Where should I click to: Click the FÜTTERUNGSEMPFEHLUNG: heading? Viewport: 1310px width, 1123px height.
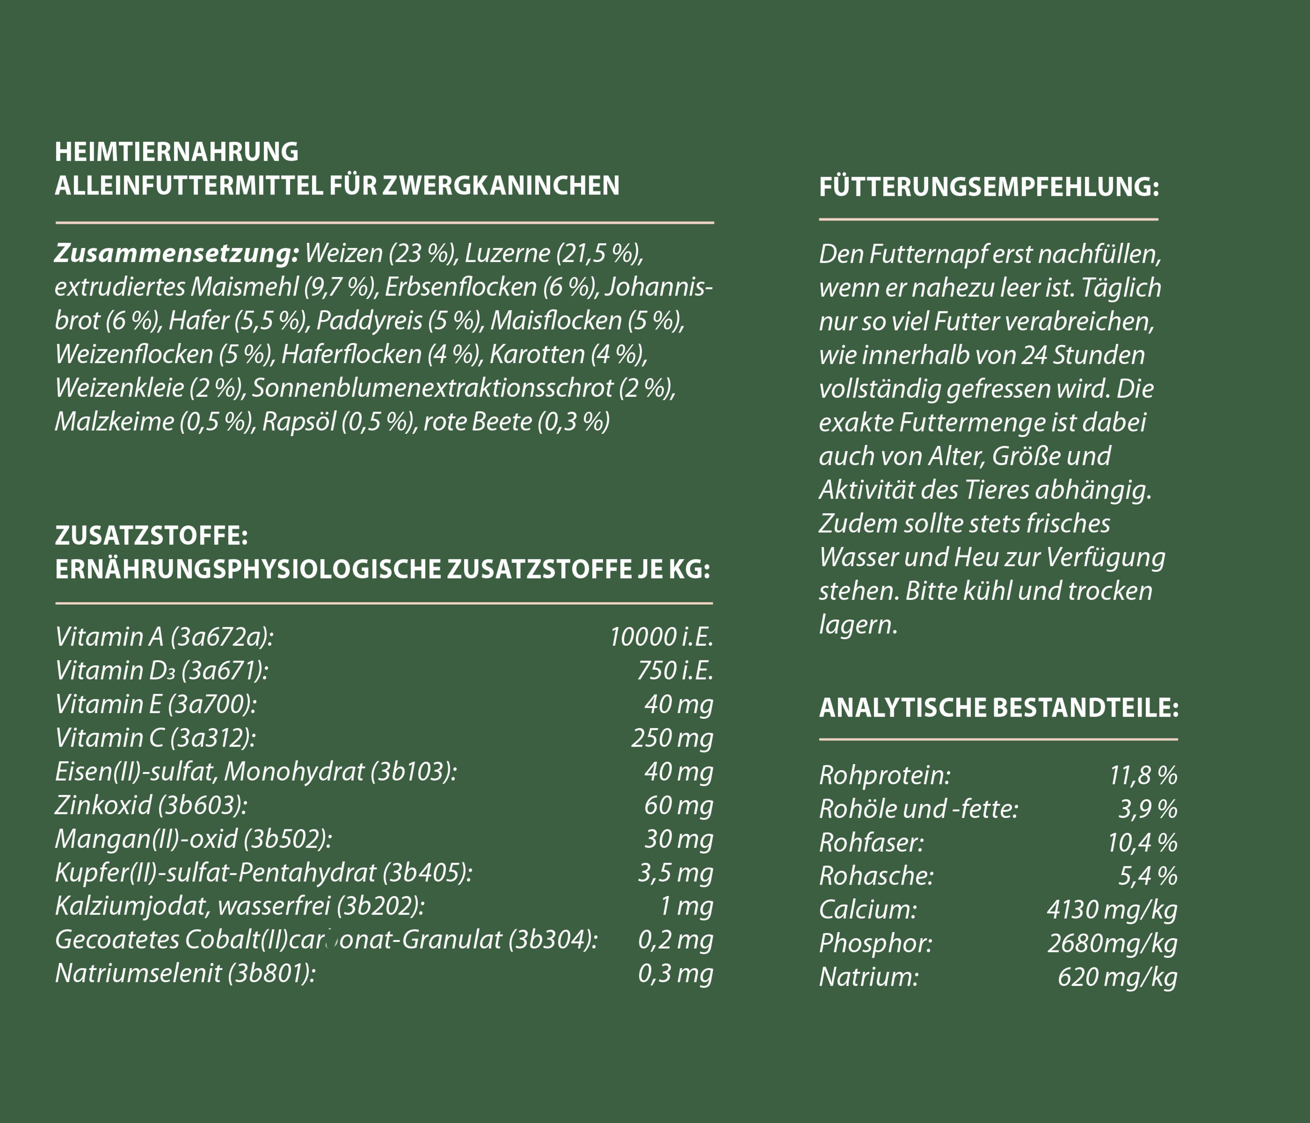point(989,187)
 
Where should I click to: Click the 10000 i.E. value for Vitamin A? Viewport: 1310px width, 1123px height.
point(661,637)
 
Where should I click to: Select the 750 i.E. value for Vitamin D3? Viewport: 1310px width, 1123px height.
point(674,670)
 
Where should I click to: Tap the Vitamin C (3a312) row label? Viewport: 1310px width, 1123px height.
point(155,738)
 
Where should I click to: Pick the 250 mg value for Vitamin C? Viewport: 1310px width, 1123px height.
point(671,738)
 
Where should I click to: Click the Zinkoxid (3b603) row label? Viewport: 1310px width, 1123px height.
point(150,805)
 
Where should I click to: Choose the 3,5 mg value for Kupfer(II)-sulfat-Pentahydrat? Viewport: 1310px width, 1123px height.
point(674,873)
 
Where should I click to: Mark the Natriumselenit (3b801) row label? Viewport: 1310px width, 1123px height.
point(185,973)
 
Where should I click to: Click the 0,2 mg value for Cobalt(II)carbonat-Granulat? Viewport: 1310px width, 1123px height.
point(674,940)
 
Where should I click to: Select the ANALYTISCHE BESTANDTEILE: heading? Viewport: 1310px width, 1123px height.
point(998,708)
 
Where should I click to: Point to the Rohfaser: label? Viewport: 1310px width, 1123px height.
point(871,842)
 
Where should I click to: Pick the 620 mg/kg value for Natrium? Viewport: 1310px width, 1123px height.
point(1117,977)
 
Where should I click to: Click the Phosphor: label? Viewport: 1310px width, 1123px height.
point(875,944)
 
